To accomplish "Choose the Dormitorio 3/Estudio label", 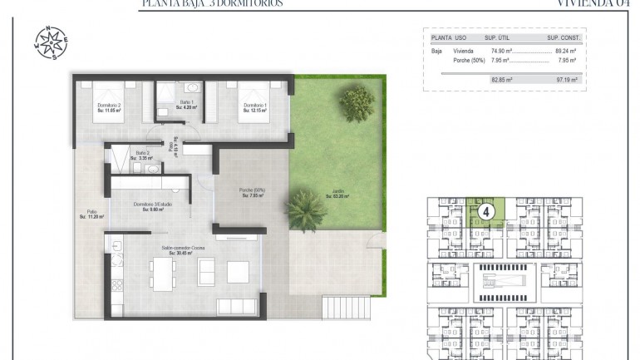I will point(152,206).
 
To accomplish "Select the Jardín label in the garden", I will point(337,195).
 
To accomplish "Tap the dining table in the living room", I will point(163,270).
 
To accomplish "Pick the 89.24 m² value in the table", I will point(565,50).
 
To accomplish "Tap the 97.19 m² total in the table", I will point(565,80).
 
